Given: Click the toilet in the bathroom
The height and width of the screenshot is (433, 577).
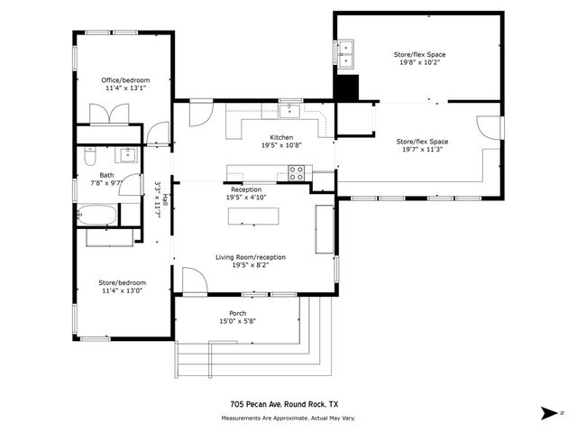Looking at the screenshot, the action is (90, 156).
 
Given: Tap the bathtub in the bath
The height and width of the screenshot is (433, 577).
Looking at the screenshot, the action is (97, 215).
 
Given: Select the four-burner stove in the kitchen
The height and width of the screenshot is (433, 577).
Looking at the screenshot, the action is (297, 173).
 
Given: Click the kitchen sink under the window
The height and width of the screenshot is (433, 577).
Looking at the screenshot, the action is (290, 111).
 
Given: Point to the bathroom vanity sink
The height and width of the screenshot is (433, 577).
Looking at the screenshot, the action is (126, 154).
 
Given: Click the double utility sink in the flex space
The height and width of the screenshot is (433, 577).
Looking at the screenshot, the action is (346, 54).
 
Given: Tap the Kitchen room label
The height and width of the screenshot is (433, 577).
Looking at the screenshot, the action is (281, 137).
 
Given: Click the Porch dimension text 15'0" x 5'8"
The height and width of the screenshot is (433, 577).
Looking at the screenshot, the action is (238, 321).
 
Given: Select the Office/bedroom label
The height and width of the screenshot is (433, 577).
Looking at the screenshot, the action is (126, 80).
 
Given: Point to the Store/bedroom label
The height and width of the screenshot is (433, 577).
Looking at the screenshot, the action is (123, 282).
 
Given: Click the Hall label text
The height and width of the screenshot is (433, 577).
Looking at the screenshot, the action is (166, 199).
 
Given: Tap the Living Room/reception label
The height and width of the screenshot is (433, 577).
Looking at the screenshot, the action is (251, 257).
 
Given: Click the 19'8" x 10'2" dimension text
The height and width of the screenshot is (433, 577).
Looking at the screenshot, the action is (420, 62).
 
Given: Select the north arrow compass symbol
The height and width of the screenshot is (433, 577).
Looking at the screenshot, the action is (550, 413).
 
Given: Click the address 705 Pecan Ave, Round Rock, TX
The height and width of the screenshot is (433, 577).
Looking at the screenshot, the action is (285, 404).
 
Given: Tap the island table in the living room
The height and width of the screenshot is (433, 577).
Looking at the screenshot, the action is (253, 216).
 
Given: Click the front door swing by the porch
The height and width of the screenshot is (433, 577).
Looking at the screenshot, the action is (195, 281).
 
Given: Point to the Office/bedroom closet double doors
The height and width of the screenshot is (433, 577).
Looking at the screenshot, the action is (109, 114).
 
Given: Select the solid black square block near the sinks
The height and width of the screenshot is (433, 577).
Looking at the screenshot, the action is (346, 88).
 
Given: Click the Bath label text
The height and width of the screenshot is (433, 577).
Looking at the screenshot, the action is (106, 175).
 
